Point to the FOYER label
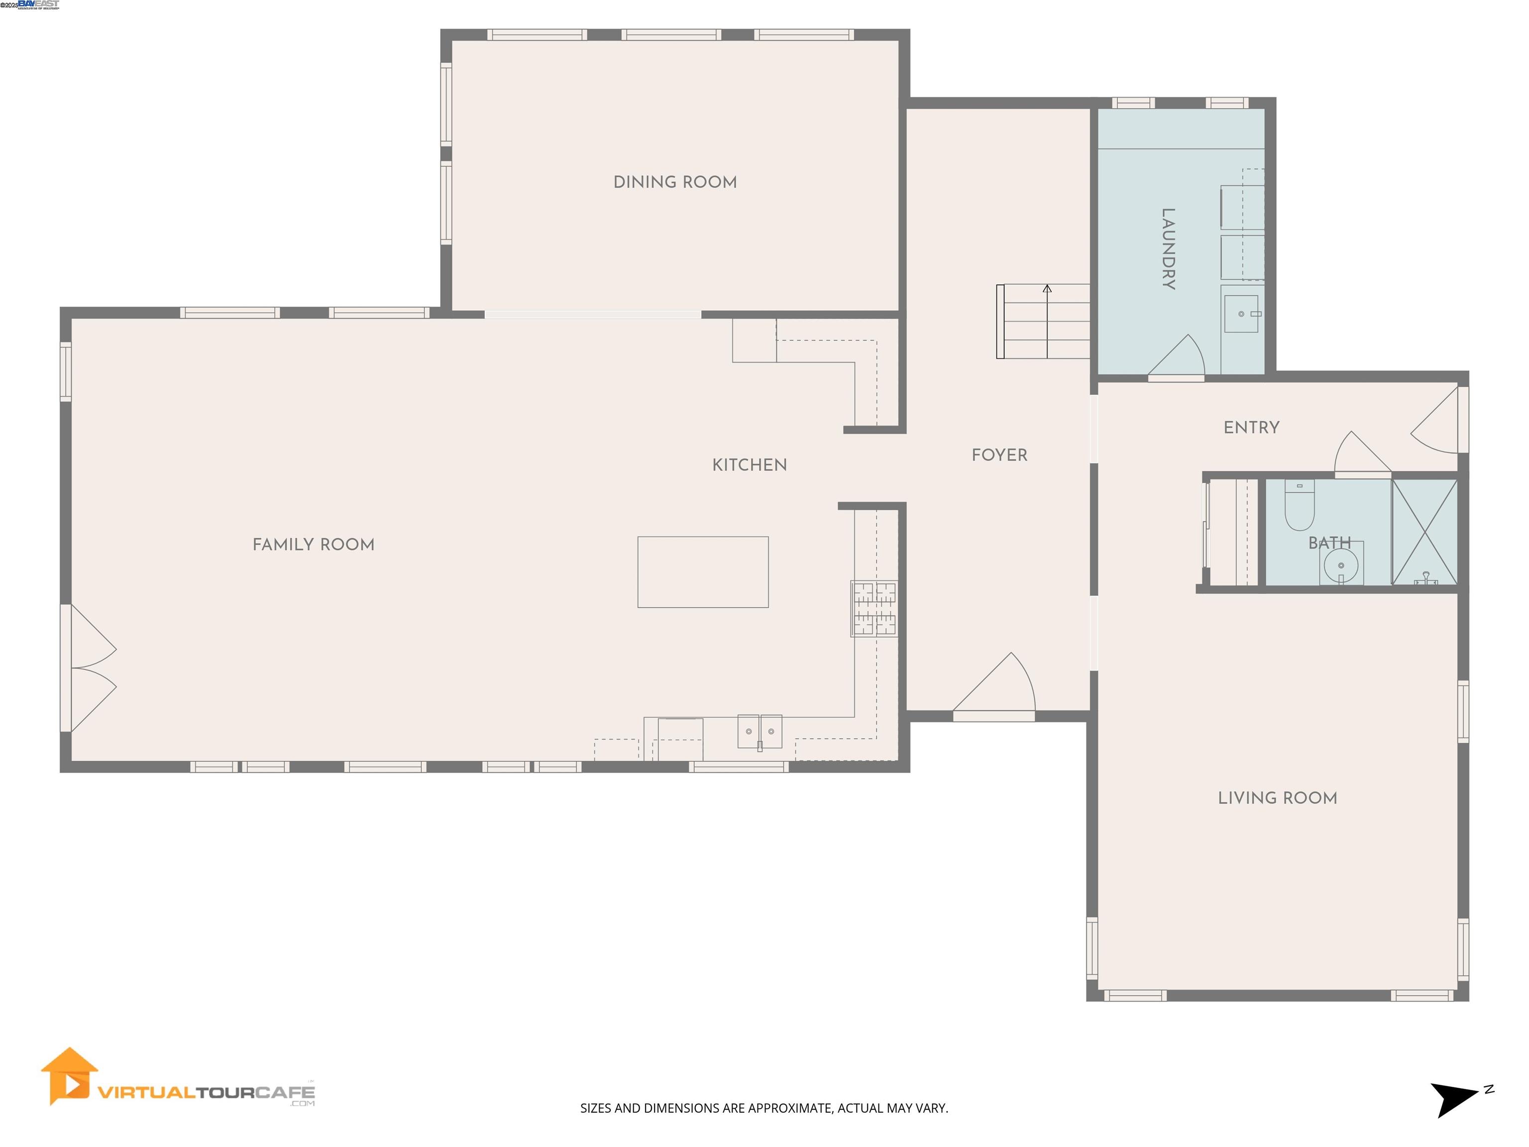[x=999, y=455]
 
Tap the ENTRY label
[x=1251, y=427]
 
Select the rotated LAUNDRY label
[x=1168, y=248]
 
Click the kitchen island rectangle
[x=702, y=572]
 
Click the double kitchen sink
[x=759, y=731]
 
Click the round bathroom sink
[x=1340, y=566]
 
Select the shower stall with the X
[x=1424, y=532]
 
